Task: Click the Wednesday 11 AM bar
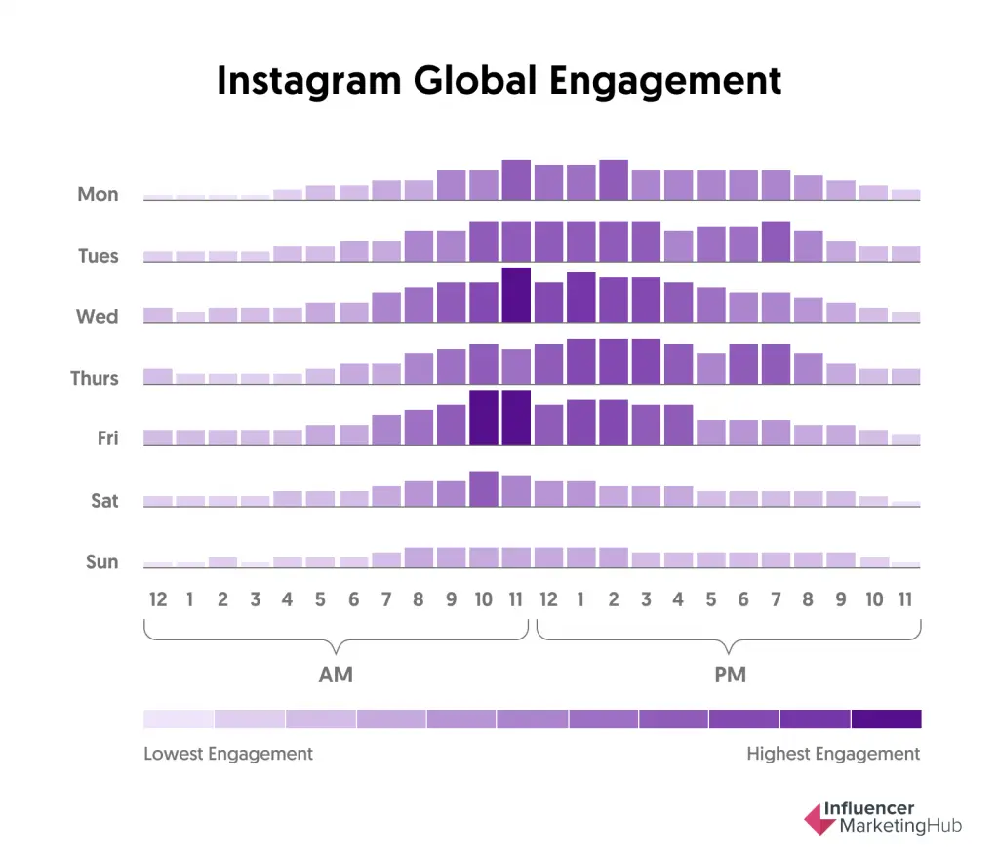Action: tap(516, 295)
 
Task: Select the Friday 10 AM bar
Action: tap(484, 418)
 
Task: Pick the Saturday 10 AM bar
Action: tap(484, 488)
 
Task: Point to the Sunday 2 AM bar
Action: tap(222, 562)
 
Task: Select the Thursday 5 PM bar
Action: tap(711, 369)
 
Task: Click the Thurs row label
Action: tap(95, 378)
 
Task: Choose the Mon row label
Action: tap(98, 194)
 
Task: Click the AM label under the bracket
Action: tap(336, 675)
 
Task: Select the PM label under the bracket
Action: tap(730, 675)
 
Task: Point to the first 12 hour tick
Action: tap(158, 599)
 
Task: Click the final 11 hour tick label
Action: tap(905, 599)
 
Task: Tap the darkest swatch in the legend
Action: tap(886, 720)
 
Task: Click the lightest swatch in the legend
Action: tap(179, 720)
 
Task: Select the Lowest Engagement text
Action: tap(228, 754)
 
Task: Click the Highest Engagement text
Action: tap(833, 754)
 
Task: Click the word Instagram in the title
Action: tap(309, 80)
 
